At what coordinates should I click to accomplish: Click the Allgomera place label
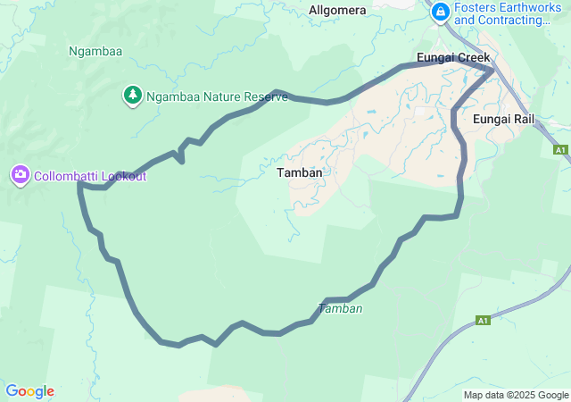(337, 10)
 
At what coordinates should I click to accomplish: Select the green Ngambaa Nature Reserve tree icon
(132, 94)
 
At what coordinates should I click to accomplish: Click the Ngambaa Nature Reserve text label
(217, 96)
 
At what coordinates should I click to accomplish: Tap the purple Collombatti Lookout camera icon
(21, 175)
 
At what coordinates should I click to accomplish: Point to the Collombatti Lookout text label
(90, 176)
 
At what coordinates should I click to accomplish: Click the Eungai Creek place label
(453, 58)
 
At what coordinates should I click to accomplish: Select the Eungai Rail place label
(503, 119)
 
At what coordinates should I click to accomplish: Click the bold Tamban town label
(299, 172)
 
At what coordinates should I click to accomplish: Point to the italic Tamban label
(340, 308)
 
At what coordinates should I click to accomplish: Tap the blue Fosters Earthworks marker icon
(440, 13)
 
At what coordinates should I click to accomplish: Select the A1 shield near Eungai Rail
(560, 150)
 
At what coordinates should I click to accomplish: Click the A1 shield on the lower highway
(483, 320)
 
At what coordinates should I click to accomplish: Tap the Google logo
(29, 391)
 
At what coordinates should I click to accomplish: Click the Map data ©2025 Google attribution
(516, 395)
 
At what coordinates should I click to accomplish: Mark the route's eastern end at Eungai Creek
(492, 68)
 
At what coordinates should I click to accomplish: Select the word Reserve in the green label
(263, 96)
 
